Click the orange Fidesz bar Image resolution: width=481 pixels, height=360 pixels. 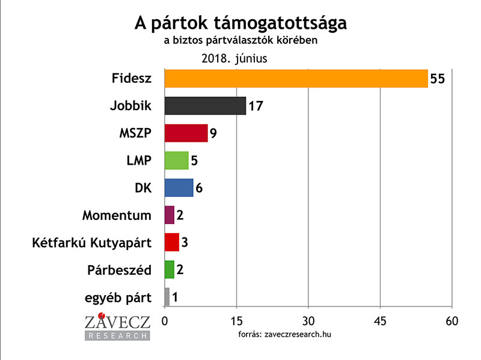296,79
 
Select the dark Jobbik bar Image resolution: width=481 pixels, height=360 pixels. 205,106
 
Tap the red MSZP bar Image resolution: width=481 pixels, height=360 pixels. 186,133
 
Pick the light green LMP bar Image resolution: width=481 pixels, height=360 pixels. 176,160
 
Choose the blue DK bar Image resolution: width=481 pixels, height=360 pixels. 179,188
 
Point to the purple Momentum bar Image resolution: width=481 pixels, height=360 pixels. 169,215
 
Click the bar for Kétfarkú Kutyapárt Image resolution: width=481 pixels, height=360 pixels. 171,242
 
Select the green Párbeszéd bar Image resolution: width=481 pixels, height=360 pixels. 169,269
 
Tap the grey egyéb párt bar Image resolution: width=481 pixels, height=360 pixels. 167,296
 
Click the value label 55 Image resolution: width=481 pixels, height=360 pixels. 437,79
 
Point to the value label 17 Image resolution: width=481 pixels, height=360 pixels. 256,106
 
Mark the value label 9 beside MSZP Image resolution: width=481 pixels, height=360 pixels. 213,133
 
